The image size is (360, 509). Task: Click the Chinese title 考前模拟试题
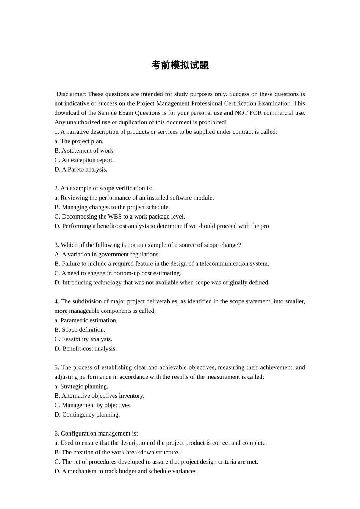(x=180, y=65)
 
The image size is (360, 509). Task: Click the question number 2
(x=56, y=188)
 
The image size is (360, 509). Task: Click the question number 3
(x=56, y=245)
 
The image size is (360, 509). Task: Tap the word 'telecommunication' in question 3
(x=222, y=264)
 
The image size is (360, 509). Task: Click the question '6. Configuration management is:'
(x=96, y=434)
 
